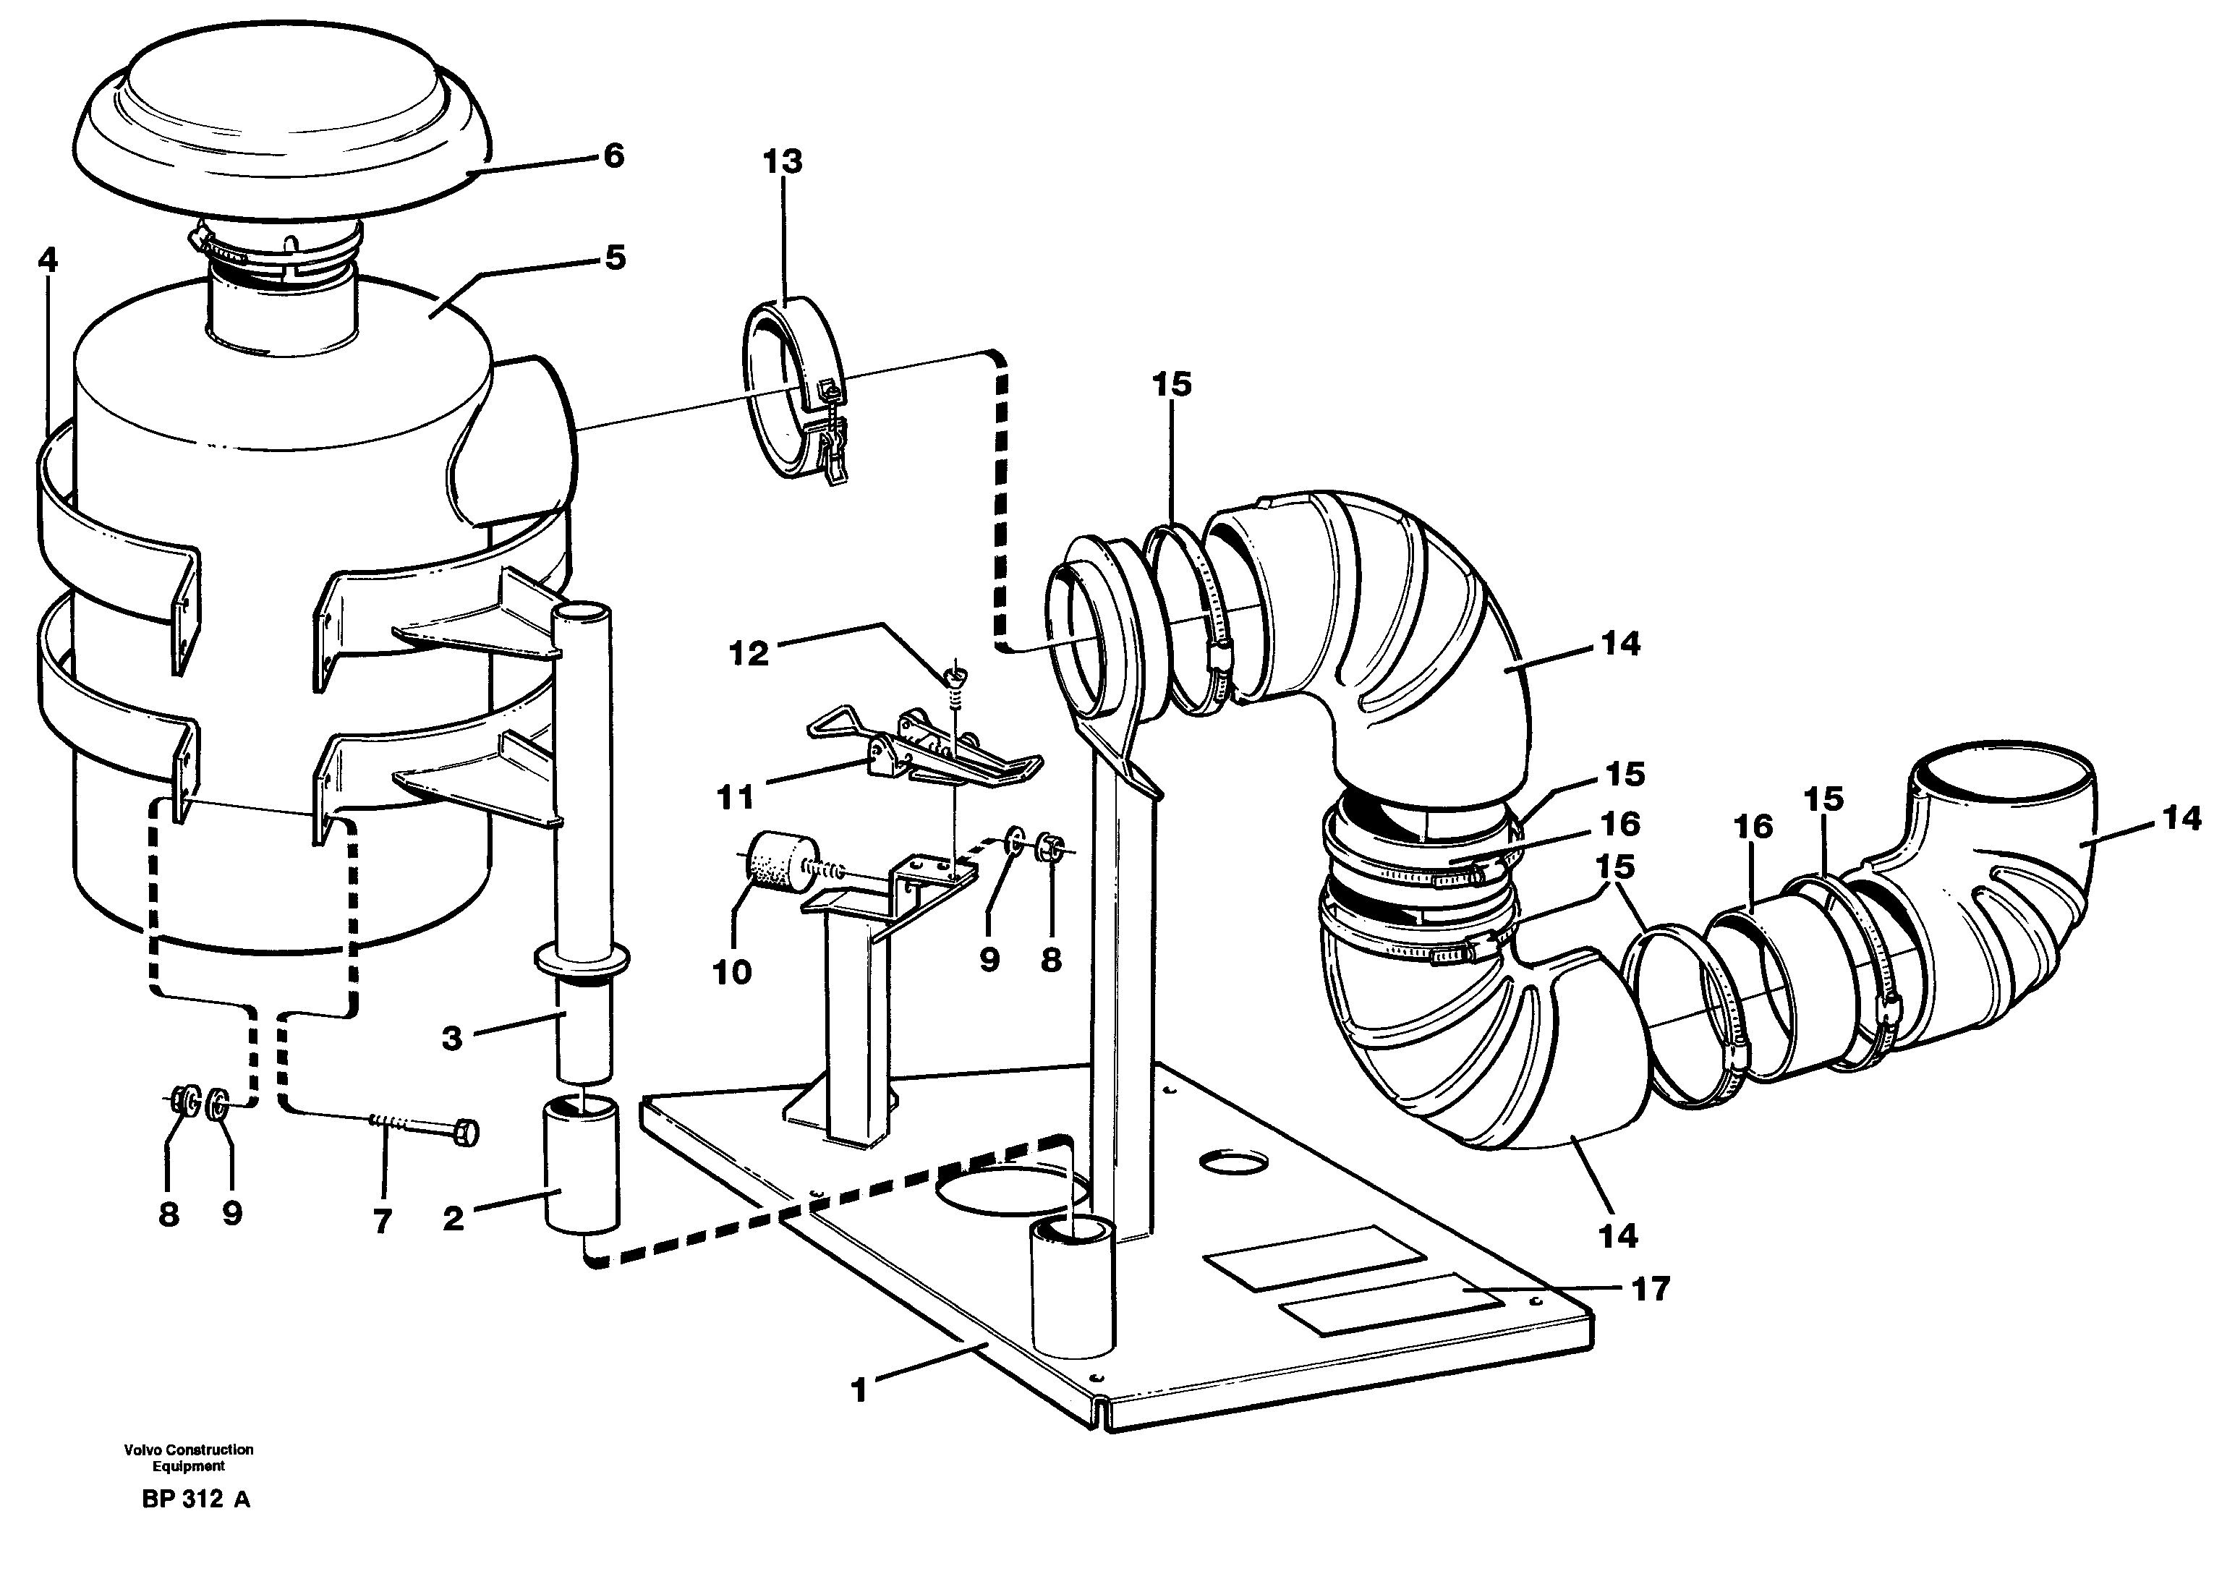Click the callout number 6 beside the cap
(613, 156)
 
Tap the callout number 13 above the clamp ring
(783, 162)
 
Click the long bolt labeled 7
(422, 1131)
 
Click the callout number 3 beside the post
(451, 1038)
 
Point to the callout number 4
(47, 260)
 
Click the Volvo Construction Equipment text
(188, 1457)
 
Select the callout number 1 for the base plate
(860, 1390)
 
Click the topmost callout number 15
(1172, 384)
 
